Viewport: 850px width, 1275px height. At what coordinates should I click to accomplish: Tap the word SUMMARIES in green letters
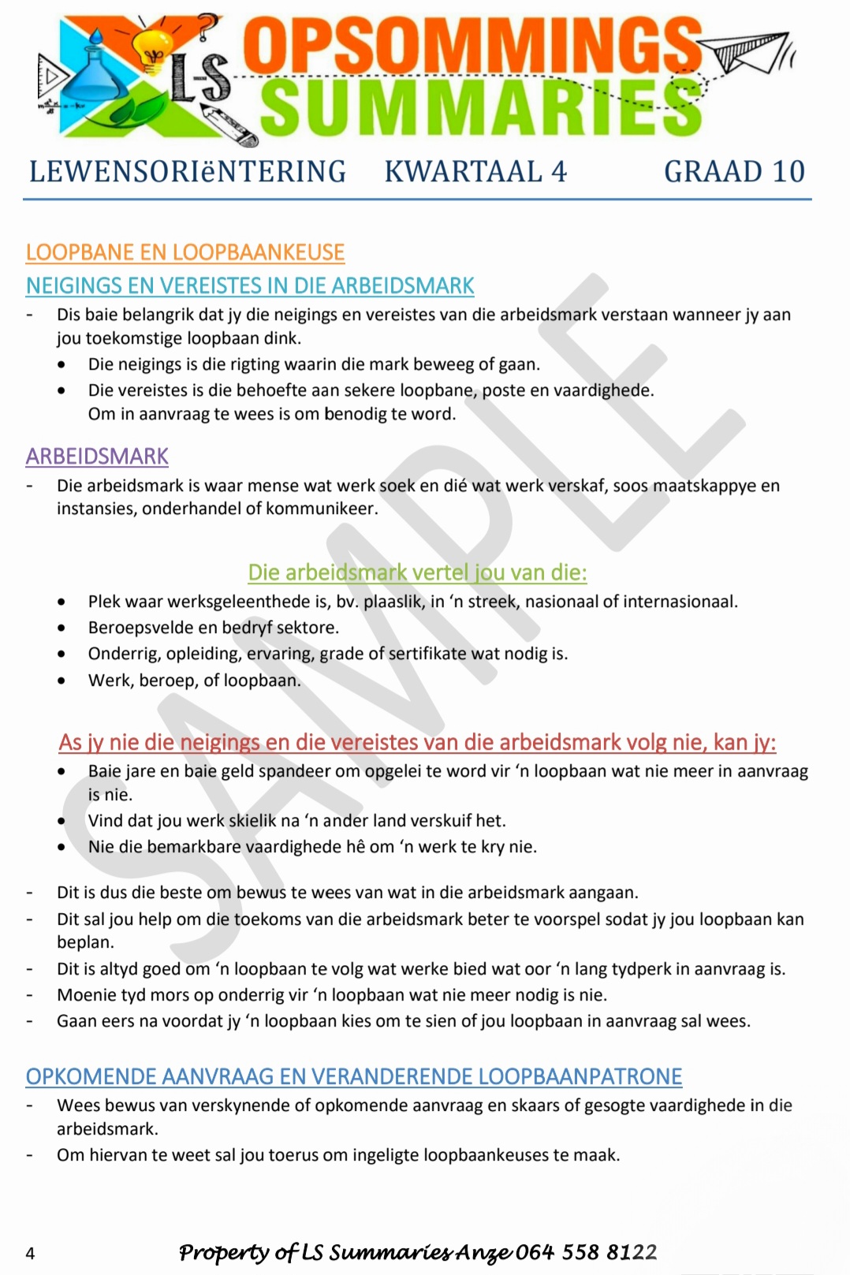(481, 108)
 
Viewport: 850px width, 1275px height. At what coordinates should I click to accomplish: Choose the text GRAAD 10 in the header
(734, 172)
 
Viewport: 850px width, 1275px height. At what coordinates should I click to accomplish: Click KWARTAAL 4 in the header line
(475, 172)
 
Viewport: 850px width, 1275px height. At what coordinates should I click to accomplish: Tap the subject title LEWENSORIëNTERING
(188, 172)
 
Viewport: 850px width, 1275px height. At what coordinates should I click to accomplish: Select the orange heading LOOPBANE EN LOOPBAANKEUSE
(185, 252)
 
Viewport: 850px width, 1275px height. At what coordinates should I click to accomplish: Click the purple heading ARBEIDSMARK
(97, 457)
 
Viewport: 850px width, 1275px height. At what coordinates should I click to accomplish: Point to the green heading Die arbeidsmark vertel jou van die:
(417, 572)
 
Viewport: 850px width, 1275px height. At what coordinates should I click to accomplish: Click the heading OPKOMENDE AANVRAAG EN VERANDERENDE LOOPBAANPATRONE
(354, 1076)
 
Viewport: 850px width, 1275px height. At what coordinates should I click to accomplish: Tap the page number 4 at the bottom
(30, 1253)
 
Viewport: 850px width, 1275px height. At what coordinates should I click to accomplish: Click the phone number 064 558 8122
(587, 1252)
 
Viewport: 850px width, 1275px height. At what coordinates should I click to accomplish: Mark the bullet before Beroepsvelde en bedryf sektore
(62, 628)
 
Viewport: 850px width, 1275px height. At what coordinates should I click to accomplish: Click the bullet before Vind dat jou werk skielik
(62, 821)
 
